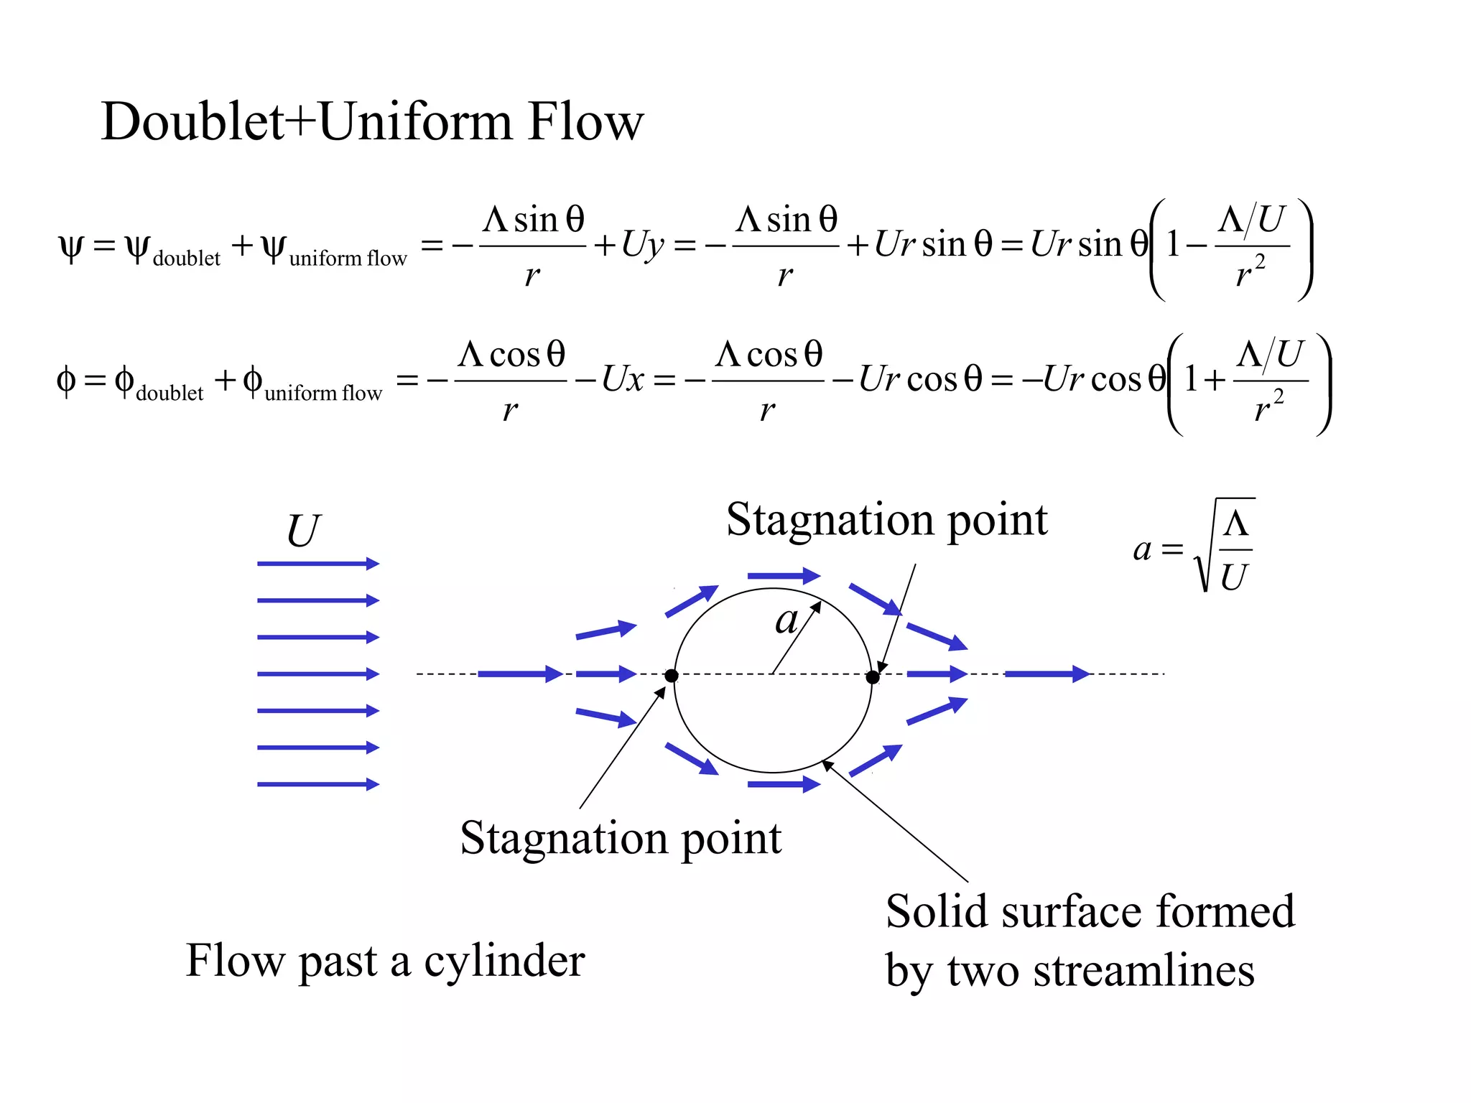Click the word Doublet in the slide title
click(192, 122)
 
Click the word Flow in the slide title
click(585, 122)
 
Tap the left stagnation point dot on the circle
click(672, 676)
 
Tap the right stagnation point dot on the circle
click(873, 677)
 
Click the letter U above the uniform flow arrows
click(303, 531)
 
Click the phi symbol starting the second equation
click(65, 381)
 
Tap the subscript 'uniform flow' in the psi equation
click(348, 259)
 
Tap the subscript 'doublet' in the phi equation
click(170, 394)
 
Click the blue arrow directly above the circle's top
click(784, 575)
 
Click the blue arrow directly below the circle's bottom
click(784, 784)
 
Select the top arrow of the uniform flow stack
click(317, 564)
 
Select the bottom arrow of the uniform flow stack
click(317, 784)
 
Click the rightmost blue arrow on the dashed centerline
click(1047, 674)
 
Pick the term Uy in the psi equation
click(642, 246)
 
